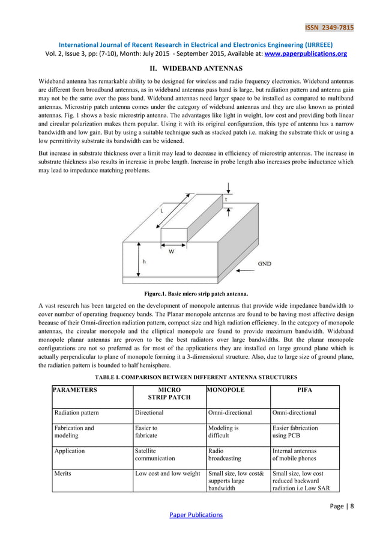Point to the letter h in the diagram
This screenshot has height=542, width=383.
(x=144, y=261)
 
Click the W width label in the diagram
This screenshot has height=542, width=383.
(x=171, y=252)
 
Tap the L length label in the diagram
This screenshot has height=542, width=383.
(x=161, y=210)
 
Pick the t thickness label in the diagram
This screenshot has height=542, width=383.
(x=226, y=199)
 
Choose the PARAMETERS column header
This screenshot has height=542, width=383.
(x=75, y=390)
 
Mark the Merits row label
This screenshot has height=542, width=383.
(x=64, y=474)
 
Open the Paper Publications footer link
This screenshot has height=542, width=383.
(x=195, y=514)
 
